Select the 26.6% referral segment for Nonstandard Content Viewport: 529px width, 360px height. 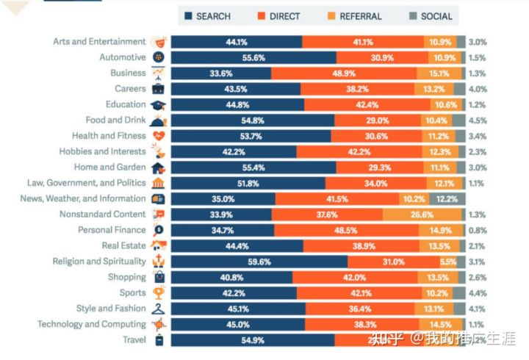pos(422,215)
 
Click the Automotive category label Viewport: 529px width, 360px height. pos(122,57)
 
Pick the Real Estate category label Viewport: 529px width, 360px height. pos(123,245)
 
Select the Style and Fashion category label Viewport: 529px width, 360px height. pos(110,309)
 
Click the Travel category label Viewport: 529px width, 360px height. pos(134,339)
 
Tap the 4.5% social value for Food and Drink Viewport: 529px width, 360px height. pos(476,120)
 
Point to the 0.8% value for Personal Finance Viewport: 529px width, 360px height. pos(476,230)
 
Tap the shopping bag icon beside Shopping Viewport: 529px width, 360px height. pos(159,277)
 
